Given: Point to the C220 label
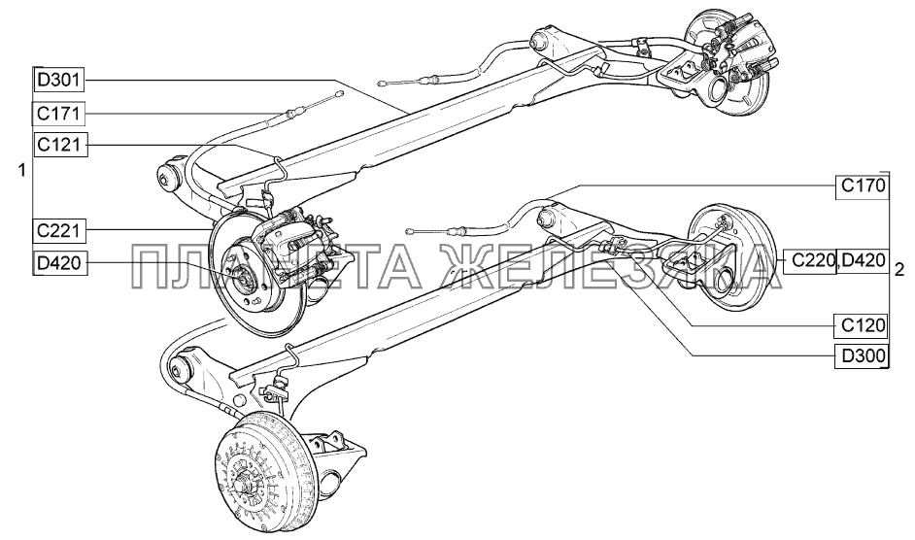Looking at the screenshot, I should click(810, 260).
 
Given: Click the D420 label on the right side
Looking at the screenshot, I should click(863, 260).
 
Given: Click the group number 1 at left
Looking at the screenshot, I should click(20, 171).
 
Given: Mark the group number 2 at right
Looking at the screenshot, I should click(901, 268).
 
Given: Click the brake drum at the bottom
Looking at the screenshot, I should click(256, 473).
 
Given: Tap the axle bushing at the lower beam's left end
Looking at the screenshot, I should click(179, 369).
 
